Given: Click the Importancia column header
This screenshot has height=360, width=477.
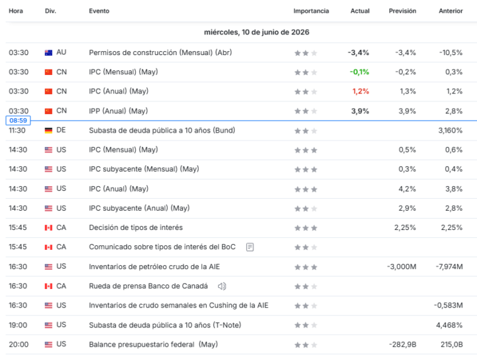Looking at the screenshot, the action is click(x=311, y=11).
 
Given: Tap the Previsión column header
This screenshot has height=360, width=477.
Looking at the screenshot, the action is click(x=402, y=11).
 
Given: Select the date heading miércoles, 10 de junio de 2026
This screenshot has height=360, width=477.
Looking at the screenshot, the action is click(x=256, y=32).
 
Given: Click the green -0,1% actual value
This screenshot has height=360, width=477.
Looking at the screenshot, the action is click(x=359, y=72).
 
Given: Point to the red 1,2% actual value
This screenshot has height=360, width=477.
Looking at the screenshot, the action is click(x=360, y=91).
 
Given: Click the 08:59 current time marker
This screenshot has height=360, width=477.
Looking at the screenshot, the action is click(x=18, y=121).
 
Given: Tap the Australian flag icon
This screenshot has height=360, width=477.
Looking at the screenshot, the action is click(x=48, y=52).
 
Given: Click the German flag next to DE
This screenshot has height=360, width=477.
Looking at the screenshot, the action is click(x=48, y=131).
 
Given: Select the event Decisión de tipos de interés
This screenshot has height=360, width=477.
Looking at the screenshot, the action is click(x=136, y=227).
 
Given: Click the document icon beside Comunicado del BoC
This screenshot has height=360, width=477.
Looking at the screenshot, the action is click(x=250, y=247).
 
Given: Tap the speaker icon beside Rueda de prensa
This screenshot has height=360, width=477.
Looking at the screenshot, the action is click(x=222, y=286).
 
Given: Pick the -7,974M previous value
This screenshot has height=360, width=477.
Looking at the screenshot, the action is click(x=449, y=267).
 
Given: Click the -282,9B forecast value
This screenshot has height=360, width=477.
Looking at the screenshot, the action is click(x=403, y=345).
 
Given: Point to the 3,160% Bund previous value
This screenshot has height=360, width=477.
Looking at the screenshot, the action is click(x=450, y=131).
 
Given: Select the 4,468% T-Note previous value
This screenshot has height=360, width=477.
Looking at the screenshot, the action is click(x=449, y=325).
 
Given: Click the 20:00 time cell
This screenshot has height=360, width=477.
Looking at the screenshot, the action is click(x=19, y=345).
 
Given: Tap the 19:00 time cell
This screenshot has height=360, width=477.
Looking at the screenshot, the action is click(x=18, y=325).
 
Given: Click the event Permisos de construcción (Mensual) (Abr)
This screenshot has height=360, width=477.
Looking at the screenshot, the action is click(x=160, y=52).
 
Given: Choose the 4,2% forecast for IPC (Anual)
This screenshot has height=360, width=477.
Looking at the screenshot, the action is click(x=407, y=189).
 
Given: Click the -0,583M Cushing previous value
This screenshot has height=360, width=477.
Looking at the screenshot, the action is click(x=448, y=305).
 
